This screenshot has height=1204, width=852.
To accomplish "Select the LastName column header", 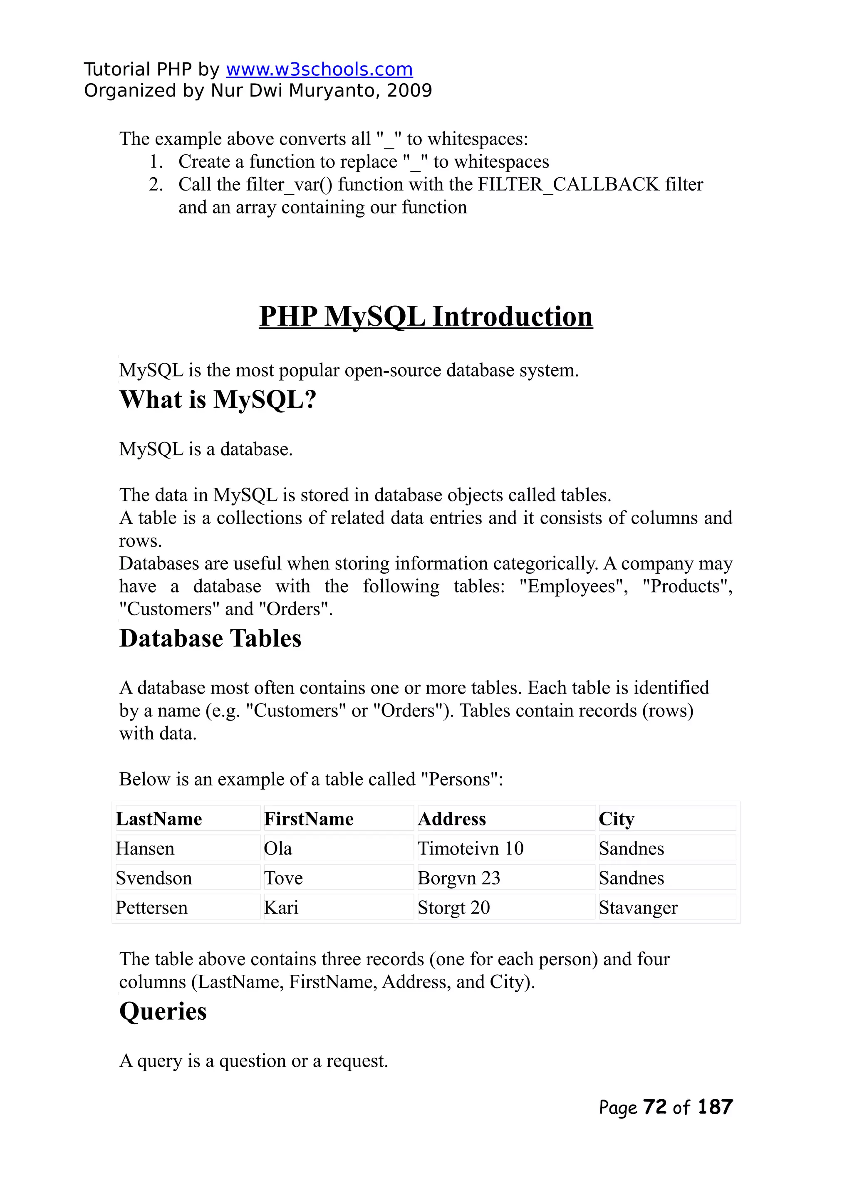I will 159,819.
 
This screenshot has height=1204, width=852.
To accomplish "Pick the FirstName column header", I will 309,819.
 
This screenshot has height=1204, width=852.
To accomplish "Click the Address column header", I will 452,819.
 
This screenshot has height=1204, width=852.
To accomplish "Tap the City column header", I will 617,819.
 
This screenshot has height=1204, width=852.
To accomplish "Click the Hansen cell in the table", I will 145,848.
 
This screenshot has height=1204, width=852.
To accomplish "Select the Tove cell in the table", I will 283,878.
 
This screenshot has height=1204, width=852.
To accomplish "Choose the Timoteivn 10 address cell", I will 471,848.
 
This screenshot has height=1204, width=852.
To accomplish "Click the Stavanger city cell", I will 638,908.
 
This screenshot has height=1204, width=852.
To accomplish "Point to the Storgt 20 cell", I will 454,908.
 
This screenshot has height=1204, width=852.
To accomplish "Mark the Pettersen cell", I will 151,908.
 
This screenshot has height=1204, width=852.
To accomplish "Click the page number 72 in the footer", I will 655,1107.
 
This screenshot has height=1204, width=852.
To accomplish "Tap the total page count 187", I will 715,1107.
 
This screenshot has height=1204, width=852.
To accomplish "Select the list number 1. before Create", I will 156,161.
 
